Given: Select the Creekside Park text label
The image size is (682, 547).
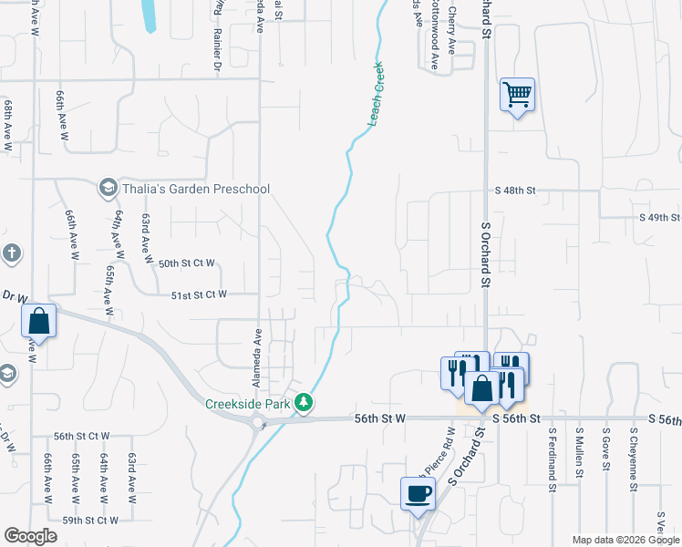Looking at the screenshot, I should coord(246,403).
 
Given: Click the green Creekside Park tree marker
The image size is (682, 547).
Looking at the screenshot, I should coord(308,402).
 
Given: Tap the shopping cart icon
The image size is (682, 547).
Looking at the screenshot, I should coord(517,94).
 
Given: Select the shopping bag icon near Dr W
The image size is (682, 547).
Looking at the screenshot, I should coord(38,320).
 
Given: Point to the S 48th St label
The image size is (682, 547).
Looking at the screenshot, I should coord(515,191).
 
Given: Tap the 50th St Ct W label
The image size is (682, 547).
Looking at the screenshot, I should coord(186,263).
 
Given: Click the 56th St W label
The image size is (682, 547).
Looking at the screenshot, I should coord(378,418).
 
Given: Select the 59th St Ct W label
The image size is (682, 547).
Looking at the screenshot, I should coord(90,520).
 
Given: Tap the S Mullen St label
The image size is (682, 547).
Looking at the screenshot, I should coord(579,449).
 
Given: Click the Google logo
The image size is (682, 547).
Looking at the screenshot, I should coord(30,536).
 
